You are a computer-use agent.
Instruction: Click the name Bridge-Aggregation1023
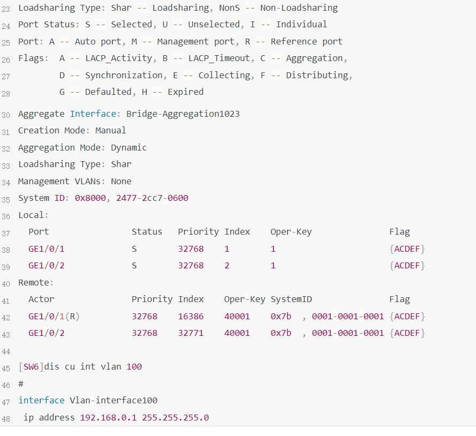point(183,114)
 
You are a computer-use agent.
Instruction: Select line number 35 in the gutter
point(6,199)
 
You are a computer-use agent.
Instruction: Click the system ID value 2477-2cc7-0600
point(152,198)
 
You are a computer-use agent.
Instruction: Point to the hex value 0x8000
point(90,198)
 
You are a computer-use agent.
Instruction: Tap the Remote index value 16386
point(191,317)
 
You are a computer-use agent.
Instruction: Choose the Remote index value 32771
point(191,333)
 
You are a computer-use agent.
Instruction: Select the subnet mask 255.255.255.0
point(175,417)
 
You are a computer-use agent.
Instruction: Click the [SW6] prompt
point(31,367)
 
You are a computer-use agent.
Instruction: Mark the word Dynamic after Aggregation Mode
point(129,148)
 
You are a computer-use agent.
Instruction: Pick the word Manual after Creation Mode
point(111,131)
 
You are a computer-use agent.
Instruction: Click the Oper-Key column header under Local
point(291,232)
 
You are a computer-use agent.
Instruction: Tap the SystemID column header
point(291,299)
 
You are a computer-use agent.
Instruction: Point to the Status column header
point(147,232)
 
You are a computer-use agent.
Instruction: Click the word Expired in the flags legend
point(185,92)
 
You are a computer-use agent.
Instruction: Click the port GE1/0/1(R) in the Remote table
point(54,317)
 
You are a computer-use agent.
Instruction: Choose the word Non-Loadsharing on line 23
point(299,8)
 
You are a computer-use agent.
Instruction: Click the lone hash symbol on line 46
point(21,384)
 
